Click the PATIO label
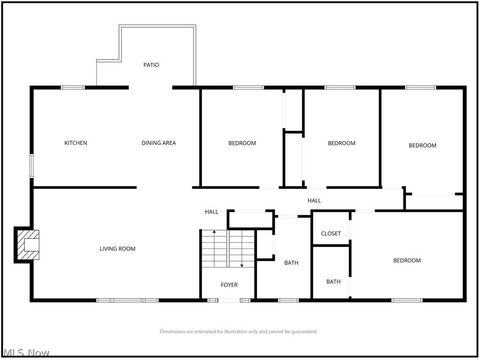tap(151, 65)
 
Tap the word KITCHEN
tap(75, 143)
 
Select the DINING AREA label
tap(159, 143)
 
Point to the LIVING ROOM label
tap(117, 248)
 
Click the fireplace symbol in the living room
tap(28, 245)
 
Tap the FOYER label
tap(229, 285)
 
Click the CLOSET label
tap(331, 233)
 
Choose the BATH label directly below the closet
tap(333, 281)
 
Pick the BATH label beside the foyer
tap(291, 262)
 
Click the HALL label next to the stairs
tap(212, 212)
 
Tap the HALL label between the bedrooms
tap(314, 201)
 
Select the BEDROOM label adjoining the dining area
tap(242, 143)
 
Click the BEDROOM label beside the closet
tap(406, 260)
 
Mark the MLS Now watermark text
tap(28, 352)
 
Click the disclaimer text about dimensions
tap(239, 331)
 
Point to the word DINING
tap(151, 143)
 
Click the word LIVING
tap(109, 248)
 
